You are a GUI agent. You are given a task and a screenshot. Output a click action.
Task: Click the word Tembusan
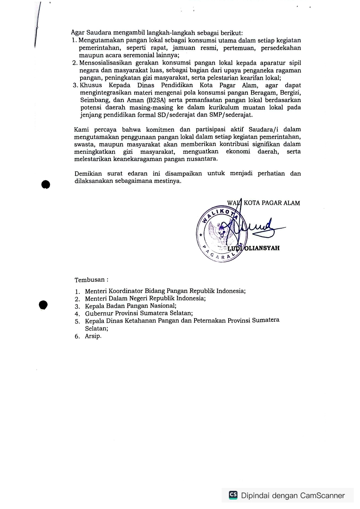pos(90,280)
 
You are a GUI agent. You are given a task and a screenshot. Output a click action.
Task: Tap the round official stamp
pos(222,234)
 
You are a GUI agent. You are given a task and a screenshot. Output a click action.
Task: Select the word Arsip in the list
pos(93,336)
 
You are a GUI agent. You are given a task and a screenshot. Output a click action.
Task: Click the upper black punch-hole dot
pos(46,185)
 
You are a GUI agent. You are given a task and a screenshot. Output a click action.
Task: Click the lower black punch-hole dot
pos(43,305)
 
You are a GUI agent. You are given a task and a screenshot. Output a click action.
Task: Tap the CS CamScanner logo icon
pos(233,495)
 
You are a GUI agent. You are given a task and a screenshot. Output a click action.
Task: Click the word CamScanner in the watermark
pos(322,496)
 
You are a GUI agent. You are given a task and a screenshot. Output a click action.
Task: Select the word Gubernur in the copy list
pos(99,313)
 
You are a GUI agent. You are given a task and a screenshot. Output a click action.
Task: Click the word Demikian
pos(88,173)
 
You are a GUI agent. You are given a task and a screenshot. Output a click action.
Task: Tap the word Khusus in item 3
pos(91,85)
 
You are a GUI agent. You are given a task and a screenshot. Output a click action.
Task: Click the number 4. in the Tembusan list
pos(77,314)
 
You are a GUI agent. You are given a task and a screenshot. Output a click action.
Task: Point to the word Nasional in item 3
pos(163,306)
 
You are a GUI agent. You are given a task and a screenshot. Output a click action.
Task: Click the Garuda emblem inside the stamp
pos(220,233)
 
